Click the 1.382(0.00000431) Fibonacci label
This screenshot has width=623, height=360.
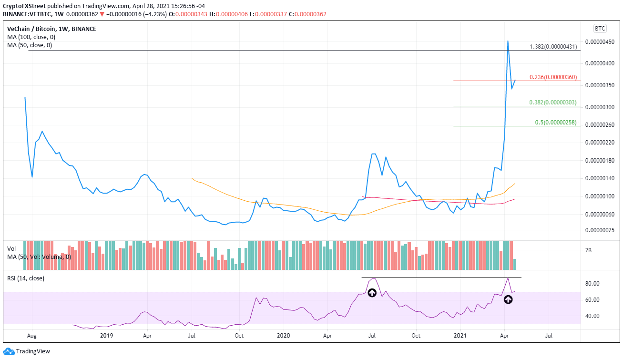pos(553,47)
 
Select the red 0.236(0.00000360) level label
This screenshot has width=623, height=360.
pos(553,77)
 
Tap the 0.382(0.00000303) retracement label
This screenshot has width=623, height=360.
pos(553,103)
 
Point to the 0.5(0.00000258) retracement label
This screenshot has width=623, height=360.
pos(556,123)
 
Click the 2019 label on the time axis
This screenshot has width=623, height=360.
pos(106,336)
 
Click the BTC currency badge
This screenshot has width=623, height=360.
pos(599,29)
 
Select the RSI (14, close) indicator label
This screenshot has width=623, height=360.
pos(25,278)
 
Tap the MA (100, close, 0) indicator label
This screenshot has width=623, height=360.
pos(31,37)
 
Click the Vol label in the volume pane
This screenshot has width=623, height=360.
pos(11,248)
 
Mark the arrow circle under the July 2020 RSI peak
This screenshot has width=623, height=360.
pos(372,293)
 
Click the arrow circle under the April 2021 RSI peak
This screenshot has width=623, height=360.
pos(508,299)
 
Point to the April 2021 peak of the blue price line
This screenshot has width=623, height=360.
pos(508,41)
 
